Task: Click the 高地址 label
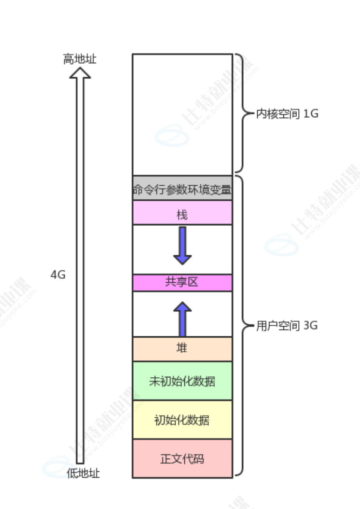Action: pyautogui.click(x=80, y=59)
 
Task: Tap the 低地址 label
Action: pyautogui.click(x=83, y=473)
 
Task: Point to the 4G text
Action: pyautogui.click(x=58, y=275)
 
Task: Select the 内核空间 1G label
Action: pyautogui.click(x=287, y=114)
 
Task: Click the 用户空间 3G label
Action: pyautogui.click(x=287, y=326)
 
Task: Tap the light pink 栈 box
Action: pyautogui.click(x=182, y=213)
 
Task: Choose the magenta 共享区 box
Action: pyautogui.click(x=182, y=283)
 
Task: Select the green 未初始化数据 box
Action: pyautogui.click(x=182, y=381)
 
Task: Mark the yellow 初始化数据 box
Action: pyautogui.click(x=182, y=420)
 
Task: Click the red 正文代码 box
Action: pyautogui.click(x=182, y=458)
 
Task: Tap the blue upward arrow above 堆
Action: pyautogui.click(x=182, y=319)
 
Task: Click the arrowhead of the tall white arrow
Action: pyautogui.click(x=80, y=72)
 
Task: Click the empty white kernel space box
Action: pyautogui.click(x=182, y=114)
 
